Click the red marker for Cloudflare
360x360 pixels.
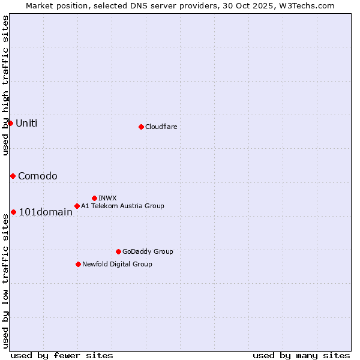pyautogui.click(x=141, y=127)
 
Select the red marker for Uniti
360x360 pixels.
pyautogui.click(x=10, y=123)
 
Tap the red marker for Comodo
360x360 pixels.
pyautogui.click(x=13, y=176)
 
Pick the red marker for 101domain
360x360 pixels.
pyautogui.click(x=13, y=212)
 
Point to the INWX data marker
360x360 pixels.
pyautogui.click(x=94, y=198)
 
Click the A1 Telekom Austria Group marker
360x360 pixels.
pyautogui.click(x=77, y=206)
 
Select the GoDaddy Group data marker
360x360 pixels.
pyautogui.click(x=118, y=251)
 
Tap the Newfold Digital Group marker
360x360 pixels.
pyautogui.click(x=78, y=264)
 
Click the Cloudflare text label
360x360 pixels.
pyautogui.click(x=161, y=127)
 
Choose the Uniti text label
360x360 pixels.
pyautogui.click(x=26, y=124)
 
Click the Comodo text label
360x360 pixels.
pyautogui.click(x=38, y=176)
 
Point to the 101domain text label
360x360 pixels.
pyautogui.click(x=46, y=212)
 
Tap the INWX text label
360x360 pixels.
pyautogui.click(x=107, y=198)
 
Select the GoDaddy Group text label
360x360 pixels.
pyautogui.click(x=148, y=251)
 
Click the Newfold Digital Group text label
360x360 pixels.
pyautogui.click(x=117, y=264)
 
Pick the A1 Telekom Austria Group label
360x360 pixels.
pyautogui.click(x=122, y=206)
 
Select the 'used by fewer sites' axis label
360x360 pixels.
pyautogui.click(x=62, y=355)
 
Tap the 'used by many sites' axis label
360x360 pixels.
pyautogui.click(x=301, y=355)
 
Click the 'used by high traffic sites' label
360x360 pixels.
pyautogui.click(x=5, y=85)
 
